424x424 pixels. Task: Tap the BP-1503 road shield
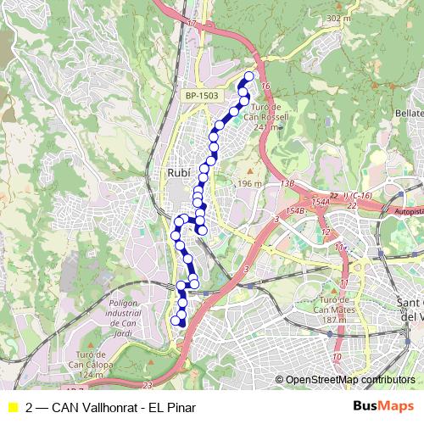202,96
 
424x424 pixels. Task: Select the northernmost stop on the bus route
248,76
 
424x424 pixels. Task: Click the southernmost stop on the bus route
176,321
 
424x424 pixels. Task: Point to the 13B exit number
287,183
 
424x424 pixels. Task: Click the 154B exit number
296,210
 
